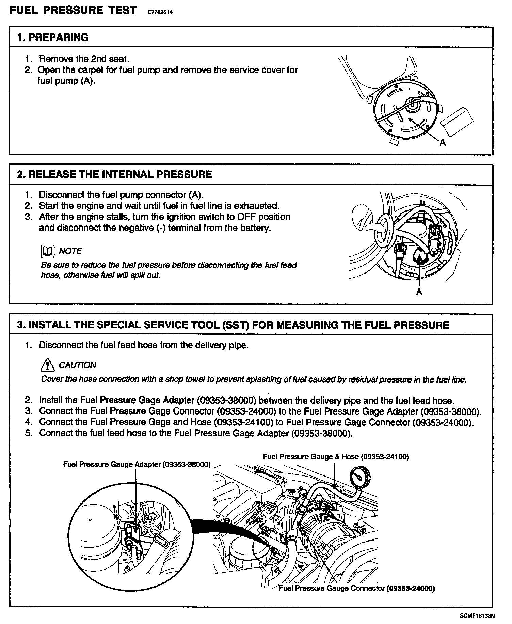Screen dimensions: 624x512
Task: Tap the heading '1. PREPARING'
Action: coord(53,37)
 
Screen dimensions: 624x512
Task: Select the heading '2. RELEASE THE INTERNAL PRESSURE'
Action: coord(114,174)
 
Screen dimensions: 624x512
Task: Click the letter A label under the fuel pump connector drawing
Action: coord(419,292)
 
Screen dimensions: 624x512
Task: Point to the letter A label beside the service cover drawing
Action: coord(443,143)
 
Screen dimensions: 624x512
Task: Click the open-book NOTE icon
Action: coord(47,251)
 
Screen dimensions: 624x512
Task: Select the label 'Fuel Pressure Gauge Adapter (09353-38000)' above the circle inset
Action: coord(137,464)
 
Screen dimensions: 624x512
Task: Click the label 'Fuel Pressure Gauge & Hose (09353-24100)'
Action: coord(336,457)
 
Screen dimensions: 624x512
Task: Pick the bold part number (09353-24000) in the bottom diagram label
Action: coord(411,588)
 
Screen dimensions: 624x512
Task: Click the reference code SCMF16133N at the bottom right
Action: coord(477,615)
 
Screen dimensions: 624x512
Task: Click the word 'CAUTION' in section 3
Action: coord(77,365)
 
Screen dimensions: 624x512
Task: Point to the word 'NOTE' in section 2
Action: coord(70,251)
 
